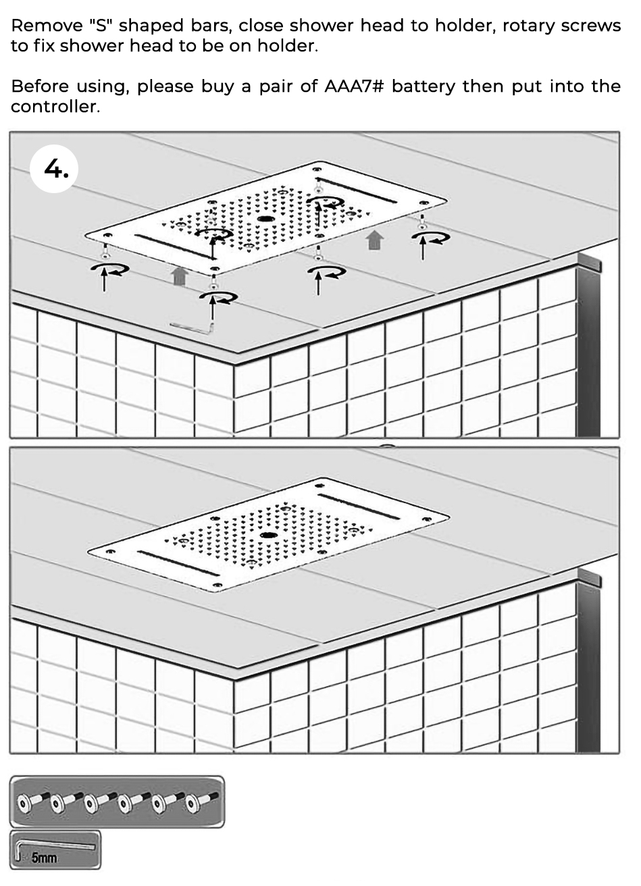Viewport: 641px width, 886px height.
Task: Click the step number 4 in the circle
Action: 56,169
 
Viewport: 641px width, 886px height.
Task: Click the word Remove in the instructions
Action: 45,26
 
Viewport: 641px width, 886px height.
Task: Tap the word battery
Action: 426,87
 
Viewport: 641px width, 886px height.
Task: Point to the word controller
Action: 55,107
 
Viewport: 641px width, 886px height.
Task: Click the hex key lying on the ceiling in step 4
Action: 193,328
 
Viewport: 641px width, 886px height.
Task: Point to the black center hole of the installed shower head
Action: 267,536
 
